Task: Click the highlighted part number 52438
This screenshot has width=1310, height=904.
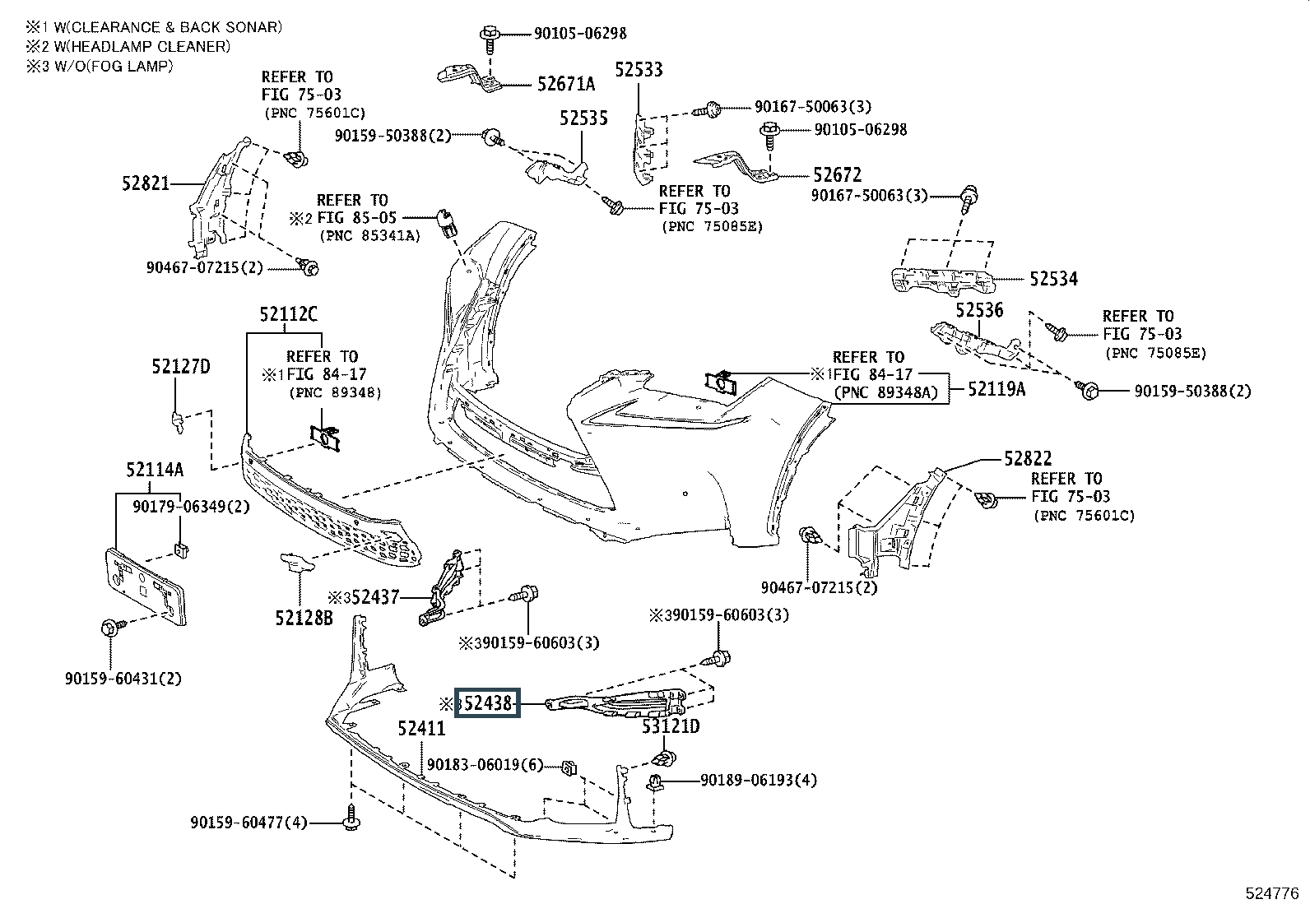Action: [x=488, y=702]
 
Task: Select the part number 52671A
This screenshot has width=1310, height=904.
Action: [x=566, y=84]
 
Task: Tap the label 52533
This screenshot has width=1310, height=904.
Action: [x=639, y=70]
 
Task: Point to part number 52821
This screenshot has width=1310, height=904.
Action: [x=146, y=183]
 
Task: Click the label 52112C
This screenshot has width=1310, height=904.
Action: [x=288, y=314]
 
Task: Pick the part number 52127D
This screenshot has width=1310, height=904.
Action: [x=181, y=367]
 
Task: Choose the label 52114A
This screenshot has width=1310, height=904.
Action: [x=155, y=470]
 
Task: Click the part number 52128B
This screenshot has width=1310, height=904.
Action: [x=304, y=618]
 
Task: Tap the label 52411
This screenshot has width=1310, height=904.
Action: [x=421, y=729]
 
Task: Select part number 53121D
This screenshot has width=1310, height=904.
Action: [x=671, y=726]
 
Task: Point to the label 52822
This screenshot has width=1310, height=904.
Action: [x=1028, y=458]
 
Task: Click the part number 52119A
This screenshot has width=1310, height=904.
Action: [x=996, y=389]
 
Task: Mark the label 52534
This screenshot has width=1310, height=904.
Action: [x=1054, y=279]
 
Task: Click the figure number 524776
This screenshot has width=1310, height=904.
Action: [x=1272, y=893]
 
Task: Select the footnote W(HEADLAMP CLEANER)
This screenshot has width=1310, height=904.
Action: [x=142, y=46]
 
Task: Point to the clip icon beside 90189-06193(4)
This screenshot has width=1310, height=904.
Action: [x=656, y=781]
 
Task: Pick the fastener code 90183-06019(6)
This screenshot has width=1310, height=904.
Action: [x=485, y=765]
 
